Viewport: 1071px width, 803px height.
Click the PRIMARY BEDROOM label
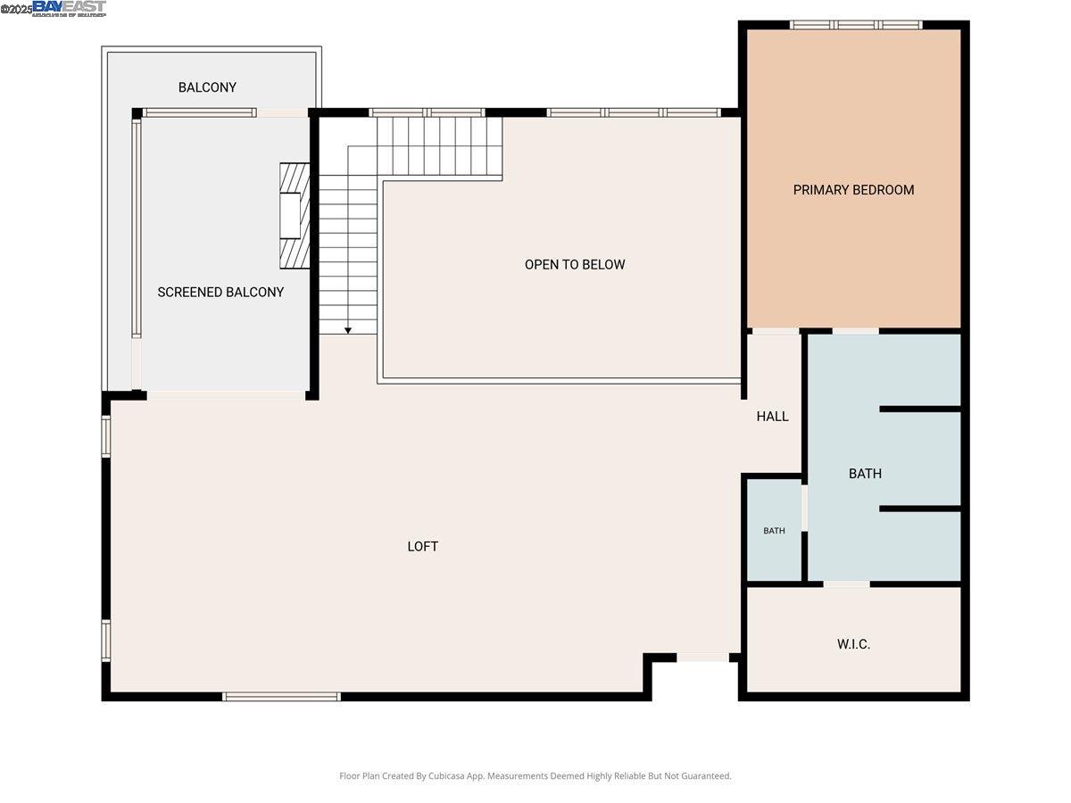point(853,190)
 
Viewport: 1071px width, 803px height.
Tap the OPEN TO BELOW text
point(575,265)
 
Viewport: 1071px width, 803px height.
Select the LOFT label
point(423,547)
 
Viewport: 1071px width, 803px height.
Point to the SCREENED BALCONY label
point(220,293)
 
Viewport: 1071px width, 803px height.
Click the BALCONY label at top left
point(207,87)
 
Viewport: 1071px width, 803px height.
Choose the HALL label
point(772,417)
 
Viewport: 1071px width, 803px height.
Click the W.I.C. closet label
point(853,644)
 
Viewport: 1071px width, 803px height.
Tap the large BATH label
point(865,474)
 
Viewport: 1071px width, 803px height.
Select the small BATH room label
point(774,531)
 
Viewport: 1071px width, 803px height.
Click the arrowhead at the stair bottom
point(348,330)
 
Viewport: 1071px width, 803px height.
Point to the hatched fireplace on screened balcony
point(294,216)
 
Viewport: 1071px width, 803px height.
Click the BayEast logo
point(69,9)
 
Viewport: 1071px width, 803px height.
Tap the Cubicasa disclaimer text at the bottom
point(535,776)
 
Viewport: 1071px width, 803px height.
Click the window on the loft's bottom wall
point(281,696)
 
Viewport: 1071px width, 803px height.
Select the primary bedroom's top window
point(856,25)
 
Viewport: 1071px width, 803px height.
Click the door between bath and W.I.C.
point(846,584)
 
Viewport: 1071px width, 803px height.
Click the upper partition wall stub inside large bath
point(919,409)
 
